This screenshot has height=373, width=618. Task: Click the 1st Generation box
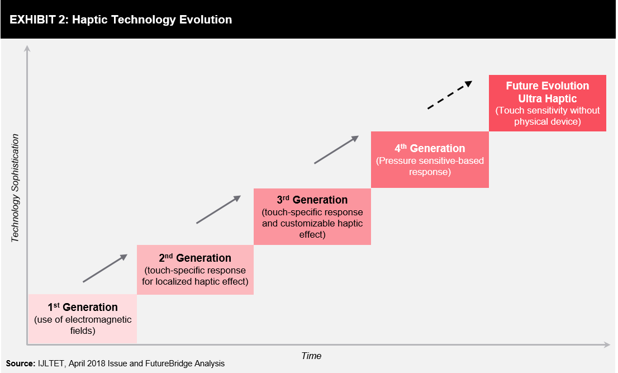[x=82, y=319]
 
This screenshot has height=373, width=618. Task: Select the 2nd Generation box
[x=195, y=270]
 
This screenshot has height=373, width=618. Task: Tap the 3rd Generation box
[x=312, y=216]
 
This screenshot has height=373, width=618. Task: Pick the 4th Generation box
[x=430, y=160]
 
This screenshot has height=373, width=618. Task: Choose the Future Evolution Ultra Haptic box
[x=548, y=103]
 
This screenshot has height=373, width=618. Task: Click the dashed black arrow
[x=450, y=95]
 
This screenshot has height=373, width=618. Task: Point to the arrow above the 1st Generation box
[x=105, y=268]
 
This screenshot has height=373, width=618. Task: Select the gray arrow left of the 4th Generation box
[x=336, y=149]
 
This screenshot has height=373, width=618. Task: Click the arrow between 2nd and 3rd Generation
[x=218, y=209]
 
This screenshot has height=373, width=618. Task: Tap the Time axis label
[x=311, y=356]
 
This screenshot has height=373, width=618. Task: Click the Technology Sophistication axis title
[x=15, y=188]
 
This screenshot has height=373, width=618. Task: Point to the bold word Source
[x=21, y=363]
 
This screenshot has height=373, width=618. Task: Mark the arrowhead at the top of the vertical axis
[x=27, y=48]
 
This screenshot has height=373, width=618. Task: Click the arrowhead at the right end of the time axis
[x=607, y=344]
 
